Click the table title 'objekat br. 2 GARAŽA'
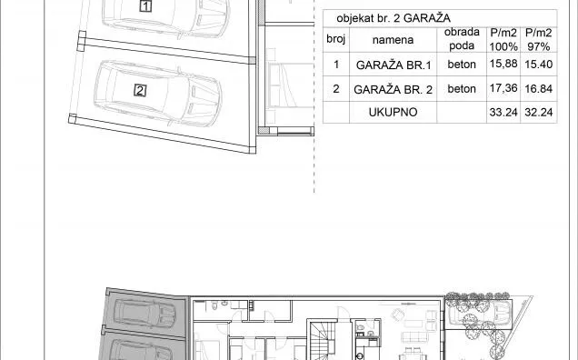393,18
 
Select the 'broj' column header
336,39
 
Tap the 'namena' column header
393,40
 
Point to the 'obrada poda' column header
462,39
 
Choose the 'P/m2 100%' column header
503,39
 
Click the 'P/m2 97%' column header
539,39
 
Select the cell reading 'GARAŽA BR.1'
394,65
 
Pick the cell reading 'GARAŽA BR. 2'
393,90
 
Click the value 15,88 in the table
503,64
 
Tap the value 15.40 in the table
539,65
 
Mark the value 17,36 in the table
503,88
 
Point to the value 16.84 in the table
539,88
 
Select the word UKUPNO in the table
393,112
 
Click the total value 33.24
503,112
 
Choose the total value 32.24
539,112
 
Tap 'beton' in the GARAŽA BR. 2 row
462,89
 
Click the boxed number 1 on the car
145,5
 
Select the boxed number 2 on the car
140,90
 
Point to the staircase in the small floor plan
323,342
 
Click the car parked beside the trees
478,311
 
